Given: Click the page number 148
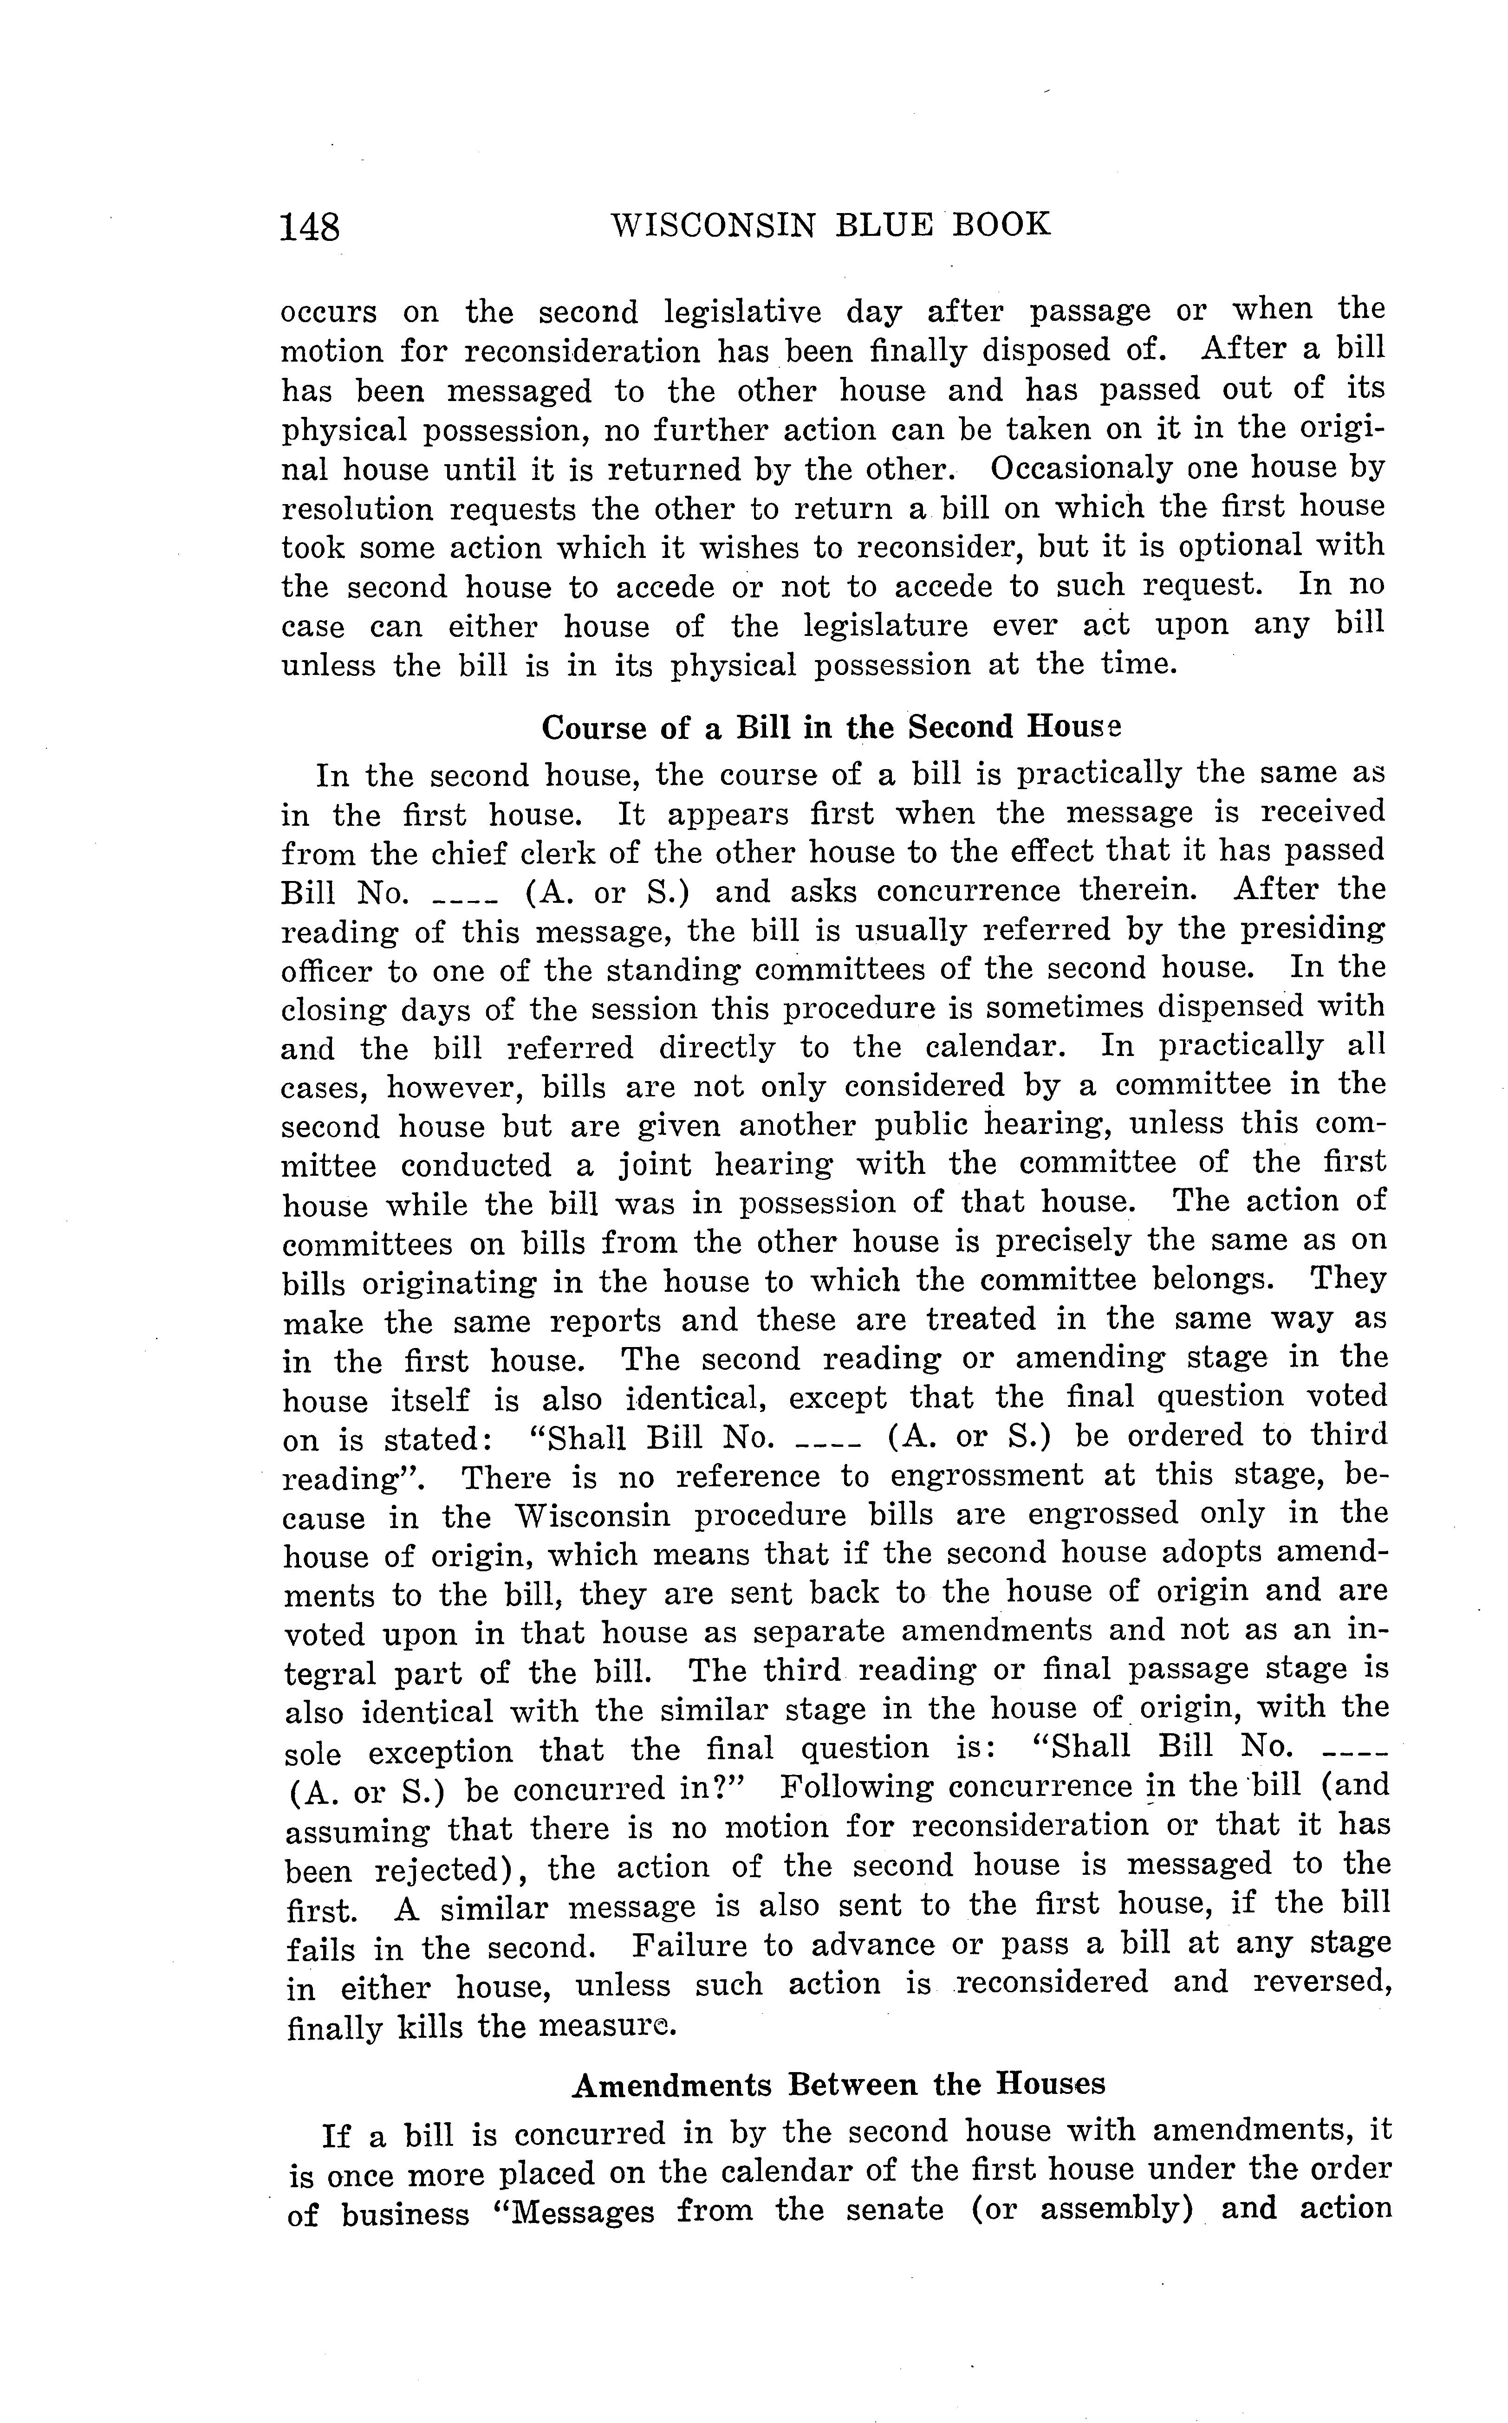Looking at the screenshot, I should tap(310, 227).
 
